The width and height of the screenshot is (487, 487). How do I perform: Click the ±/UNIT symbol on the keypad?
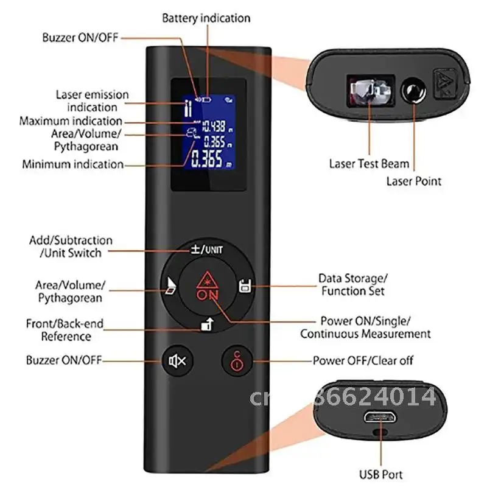point(205,250)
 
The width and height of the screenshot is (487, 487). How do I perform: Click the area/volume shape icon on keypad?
point(169,286)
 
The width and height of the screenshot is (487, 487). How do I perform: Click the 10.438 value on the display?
point(214,127)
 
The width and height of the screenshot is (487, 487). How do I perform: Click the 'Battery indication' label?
point(206,18)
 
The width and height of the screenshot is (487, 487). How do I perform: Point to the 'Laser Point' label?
point(414,181)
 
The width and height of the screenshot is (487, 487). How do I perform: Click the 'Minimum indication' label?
point(72,164)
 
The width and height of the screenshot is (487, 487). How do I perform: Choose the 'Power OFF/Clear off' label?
point(363,360)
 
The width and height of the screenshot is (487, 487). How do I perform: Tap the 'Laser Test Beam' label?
point(369,163)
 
